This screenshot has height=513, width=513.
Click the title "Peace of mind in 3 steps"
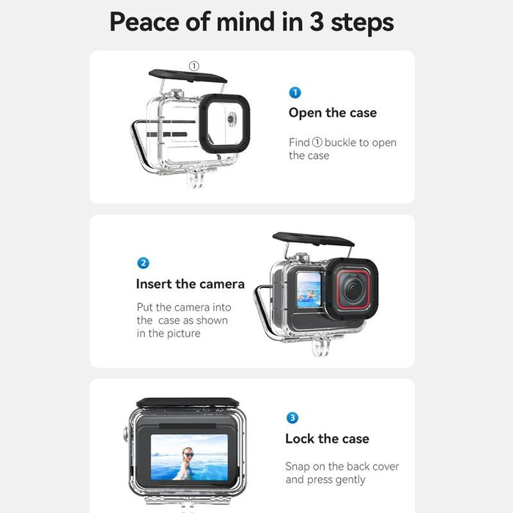[x=251, y=23]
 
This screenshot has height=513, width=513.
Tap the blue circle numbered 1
[x=295, y=93]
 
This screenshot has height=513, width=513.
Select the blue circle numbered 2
[x=144, y=263]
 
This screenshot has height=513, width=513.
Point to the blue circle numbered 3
[x=292, y=418]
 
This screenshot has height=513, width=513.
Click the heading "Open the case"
[x=332, y=113]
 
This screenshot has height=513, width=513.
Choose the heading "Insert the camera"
[x=190, y=284]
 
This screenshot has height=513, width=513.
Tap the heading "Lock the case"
[x=327, y=439]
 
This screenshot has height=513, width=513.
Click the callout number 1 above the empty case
[x=193, y=66]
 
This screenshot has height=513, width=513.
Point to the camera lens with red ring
[x=351, y=289]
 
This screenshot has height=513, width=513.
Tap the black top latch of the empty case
[x=188, y=76]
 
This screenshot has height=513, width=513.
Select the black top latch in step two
[x=313, y=240]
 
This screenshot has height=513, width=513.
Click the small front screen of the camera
[x=309, y=289]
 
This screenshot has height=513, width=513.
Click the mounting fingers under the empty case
[x=195, y=177]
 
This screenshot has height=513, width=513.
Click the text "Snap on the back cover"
[x=341, y=466]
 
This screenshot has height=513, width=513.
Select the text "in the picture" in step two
[x=168, y=334]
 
